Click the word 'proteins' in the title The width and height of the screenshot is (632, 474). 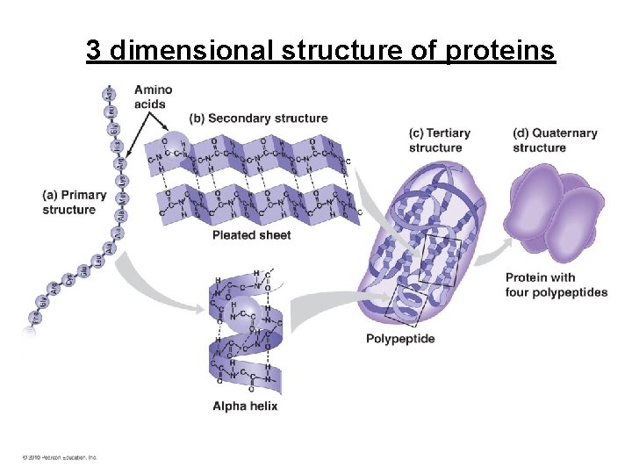[x=500, y=51]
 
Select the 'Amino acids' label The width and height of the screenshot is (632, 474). [x=153, y=97]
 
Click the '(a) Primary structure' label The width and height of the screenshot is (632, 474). [x=74, y=202]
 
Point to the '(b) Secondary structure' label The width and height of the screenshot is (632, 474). [x=258, y=118]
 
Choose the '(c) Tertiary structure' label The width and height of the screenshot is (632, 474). [x=440, y=140]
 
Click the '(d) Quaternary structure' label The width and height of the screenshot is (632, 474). [x=555, y=140]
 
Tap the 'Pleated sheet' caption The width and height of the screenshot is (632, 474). [x=252, y=235]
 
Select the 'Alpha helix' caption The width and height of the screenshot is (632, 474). [x=245, y=406]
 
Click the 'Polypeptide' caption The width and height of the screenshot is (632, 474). [x=399, y=339]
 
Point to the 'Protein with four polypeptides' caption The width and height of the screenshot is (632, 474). [x=556, y=285]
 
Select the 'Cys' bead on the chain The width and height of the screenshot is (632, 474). [x=68, y=284]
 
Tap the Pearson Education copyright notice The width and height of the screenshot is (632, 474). [x=60, y=457]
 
